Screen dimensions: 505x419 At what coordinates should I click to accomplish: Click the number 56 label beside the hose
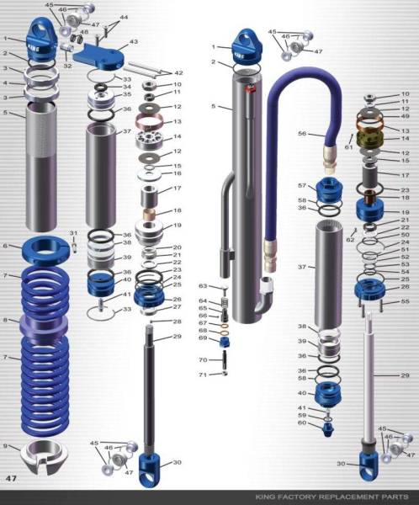pos(302,133)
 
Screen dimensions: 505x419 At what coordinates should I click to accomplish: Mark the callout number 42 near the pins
pos(178,73)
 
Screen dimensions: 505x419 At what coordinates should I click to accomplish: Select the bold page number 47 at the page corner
pos(12,478)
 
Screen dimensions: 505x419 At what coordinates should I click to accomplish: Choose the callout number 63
pos(203,286)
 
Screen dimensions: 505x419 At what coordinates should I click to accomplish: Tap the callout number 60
pos(302,423)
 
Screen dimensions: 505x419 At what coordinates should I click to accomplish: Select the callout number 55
pos(406,300)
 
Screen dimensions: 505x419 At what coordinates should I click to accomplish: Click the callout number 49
pos(406,118)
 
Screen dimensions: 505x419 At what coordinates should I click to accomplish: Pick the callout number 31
pos(73,233)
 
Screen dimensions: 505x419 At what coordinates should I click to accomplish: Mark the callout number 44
pos(125,17)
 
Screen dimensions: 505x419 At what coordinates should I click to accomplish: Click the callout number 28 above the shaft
pos(178,322)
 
